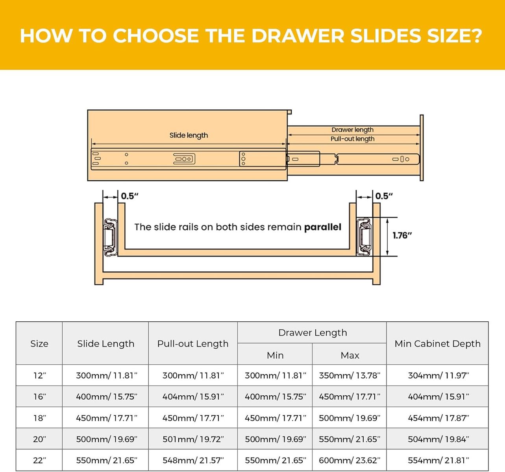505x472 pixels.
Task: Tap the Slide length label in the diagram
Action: (x=189, y=135)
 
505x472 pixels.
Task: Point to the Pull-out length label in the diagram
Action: (x=352, y=139)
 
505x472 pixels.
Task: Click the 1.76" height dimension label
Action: (x=402, y=236)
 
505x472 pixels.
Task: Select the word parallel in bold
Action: (x=323, y=227)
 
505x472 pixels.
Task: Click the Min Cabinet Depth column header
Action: (x=437, y=344)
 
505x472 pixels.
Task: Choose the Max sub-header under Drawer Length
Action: (x=350, y=355)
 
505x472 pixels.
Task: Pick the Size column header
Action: (x=39, y=344)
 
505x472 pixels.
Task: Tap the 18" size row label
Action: (x=39, y=418)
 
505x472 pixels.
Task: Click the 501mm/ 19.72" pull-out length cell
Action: (x=193, y=439)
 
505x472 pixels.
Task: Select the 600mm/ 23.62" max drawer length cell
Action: (x=350, y=460)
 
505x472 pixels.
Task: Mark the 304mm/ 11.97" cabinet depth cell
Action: (x=438, y=375)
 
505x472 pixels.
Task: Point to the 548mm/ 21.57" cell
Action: (x=193, y=460)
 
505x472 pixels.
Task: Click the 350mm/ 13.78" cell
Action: (x=350, y=375)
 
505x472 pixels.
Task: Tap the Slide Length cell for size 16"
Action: (x=107, y=396)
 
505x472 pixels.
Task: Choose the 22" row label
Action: (x=39, y=460)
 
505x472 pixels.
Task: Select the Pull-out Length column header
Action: (x=193, y=344)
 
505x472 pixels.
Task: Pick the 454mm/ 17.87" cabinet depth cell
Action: (x=438, y=418)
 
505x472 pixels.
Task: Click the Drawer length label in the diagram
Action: (x=352, y=130)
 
